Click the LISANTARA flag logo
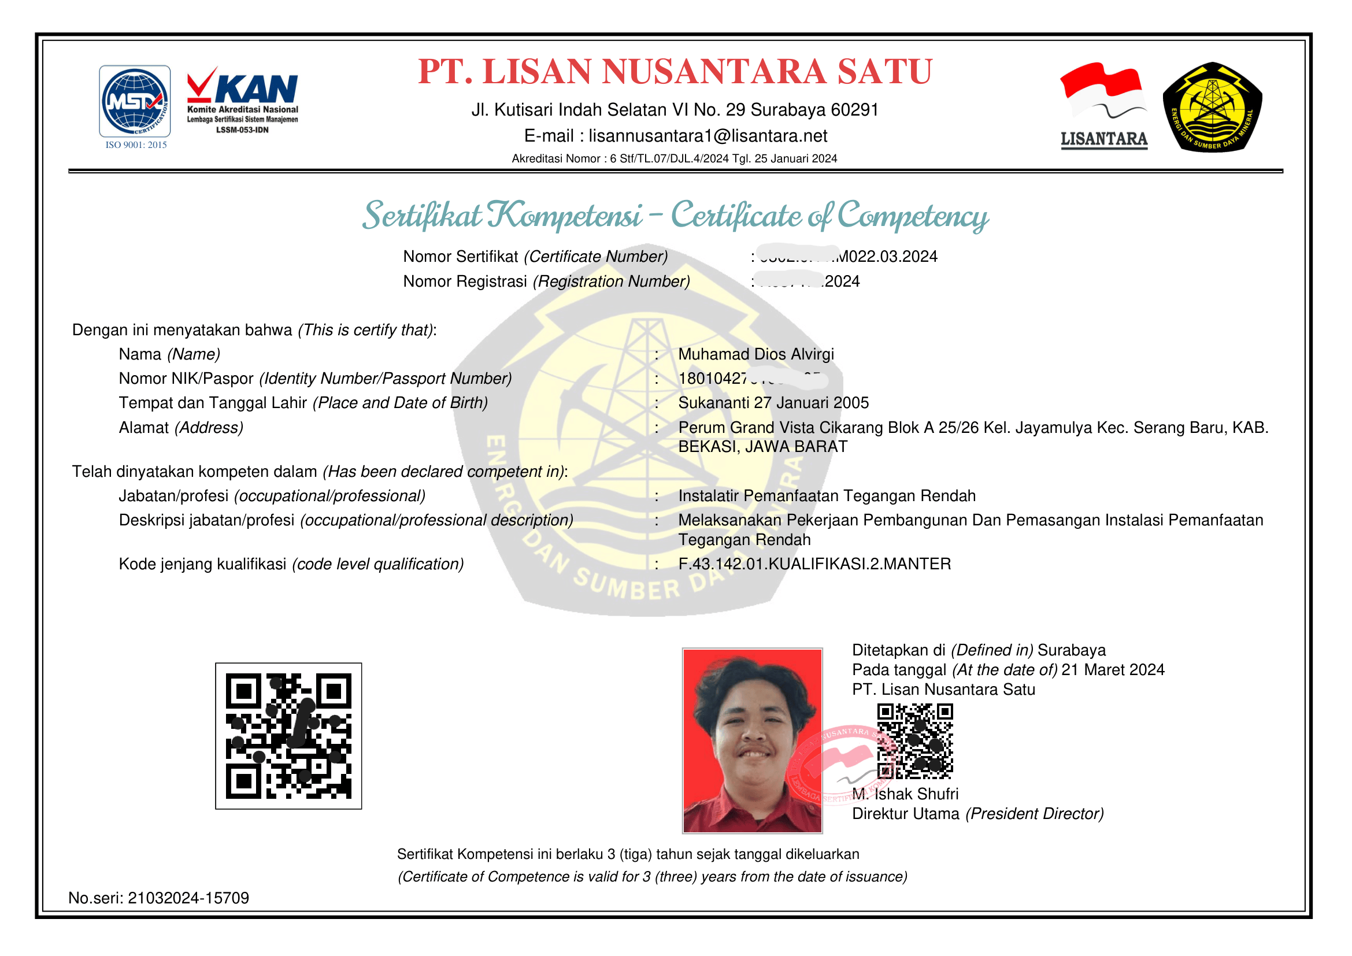(1103, 105)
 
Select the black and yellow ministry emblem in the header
(1212, 106)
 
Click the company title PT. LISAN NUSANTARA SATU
(675, 72)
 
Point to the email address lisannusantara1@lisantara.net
(708, 136)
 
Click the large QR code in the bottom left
(288, 735)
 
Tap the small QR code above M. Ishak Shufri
(914, 741)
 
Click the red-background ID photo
(752, 740)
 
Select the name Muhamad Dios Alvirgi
(756, 354)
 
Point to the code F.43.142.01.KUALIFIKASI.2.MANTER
(814, 564)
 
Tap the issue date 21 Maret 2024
(1112, 670)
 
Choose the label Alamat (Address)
(181, 427)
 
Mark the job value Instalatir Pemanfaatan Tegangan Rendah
(827, 496)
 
